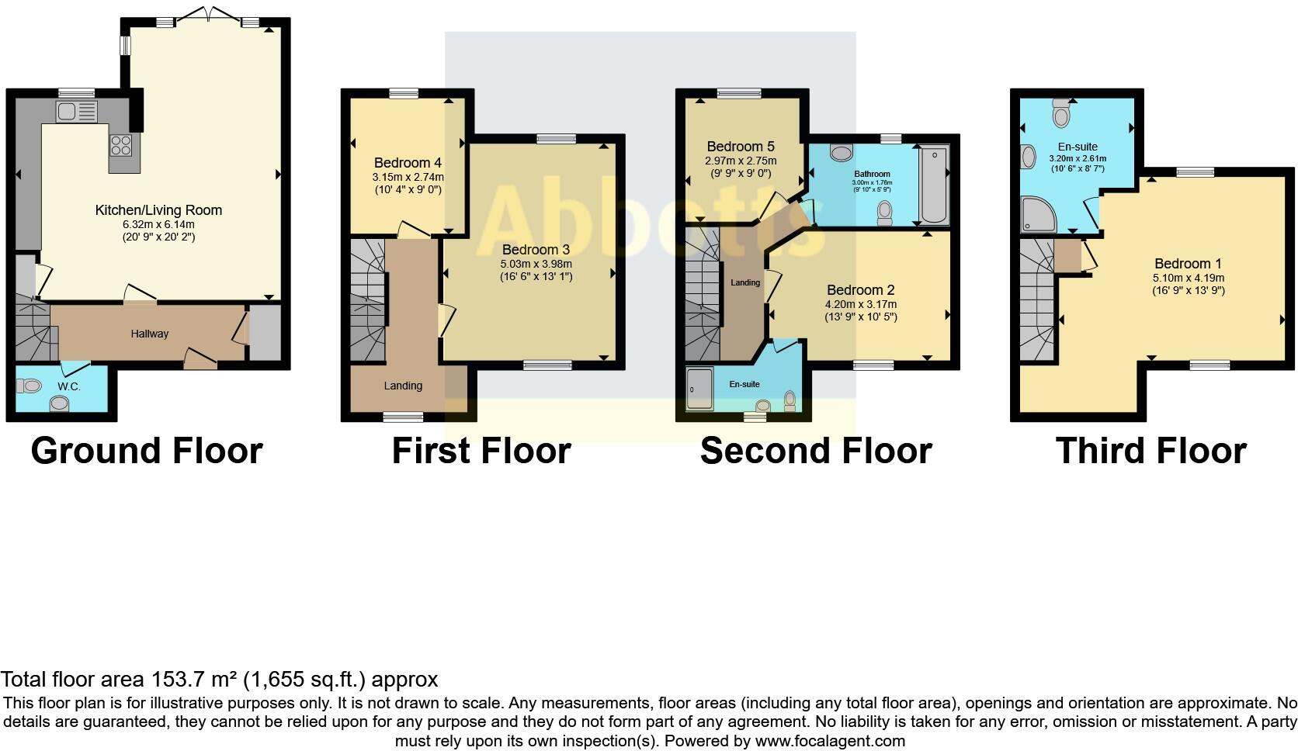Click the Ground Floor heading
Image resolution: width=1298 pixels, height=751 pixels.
(x=147, y=451)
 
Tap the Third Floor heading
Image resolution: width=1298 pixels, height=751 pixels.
(x=1150, y=451)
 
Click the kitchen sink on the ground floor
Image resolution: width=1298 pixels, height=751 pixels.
(x=76, y=112)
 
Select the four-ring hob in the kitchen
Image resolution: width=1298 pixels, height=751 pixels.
(x=121, y=144)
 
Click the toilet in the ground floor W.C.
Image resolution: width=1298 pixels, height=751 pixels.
(x=30, y=385)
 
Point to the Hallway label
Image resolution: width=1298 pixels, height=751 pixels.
(x=149, y=334)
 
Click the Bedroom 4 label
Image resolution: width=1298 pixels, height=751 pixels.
(x=408, y=163)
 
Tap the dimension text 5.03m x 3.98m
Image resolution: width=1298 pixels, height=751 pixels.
(x=536, y=264)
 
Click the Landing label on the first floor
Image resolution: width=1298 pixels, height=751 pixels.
(x=403, y=386)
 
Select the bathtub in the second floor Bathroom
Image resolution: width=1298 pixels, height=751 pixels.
(x=934, y=185)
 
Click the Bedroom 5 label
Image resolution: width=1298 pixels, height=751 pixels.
(x=741, y=147)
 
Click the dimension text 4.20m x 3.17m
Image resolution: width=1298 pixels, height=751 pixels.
(x=860, y=304)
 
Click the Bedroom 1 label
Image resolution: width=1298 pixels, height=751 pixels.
(x=1182, y=264)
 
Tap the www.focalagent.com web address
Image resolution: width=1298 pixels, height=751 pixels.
(x=829, y=741)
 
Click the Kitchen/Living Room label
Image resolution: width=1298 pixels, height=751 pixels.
(x=158, y=210)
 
